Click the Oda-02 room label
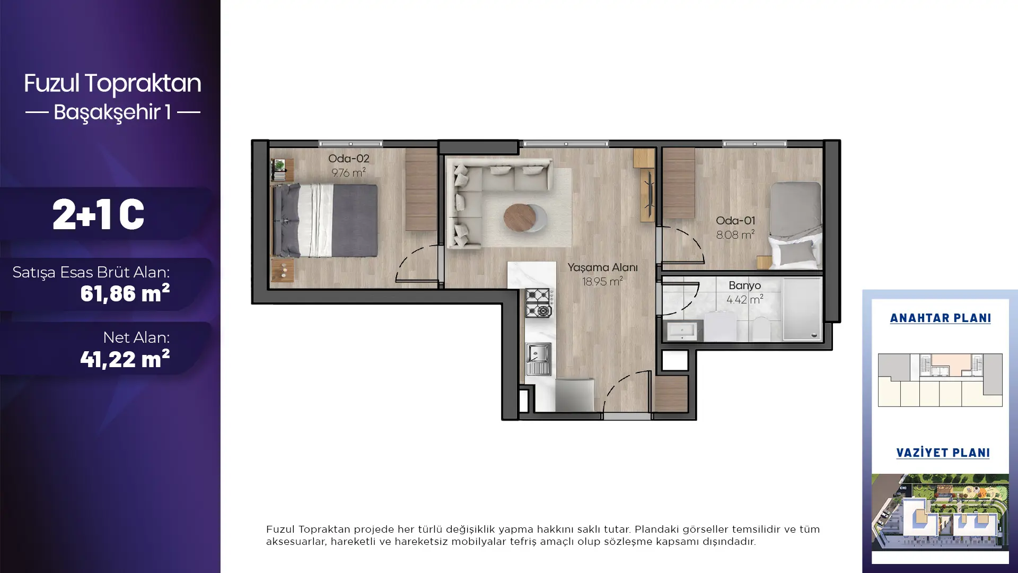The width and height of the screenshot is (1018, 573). coord(348,159)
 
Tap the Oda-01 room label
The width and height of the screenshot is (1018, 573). coord(735,221)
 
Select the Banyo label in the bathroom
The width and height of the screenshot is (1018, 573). coord(744,285)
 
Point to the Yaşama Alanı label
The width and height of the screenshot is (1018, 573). coord(602,268)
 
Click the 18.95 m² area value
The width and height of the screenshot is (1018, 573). coord(602,281)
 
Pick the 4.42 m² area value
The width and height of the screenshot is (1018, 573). coord(744,299)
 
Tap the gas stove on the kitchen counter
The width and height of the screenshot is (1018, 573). coord(539,303)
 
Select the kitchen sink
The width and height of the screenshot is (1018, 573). coord(538,359)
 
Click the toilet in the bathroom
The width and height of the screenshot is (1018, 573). coord(761,329)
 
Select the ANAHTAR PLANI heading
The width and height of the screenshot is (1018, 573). coord(941,318)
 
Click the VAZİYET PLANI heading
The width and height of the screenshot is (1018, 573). coord(943,453)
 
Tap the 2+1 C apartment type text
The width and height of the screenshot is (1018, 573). coord(98,215)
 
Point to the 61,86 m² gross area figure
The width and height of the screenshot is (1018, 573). coord(125,293)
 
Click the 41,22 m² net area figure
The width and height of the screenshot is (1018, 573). coord(125,359)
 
